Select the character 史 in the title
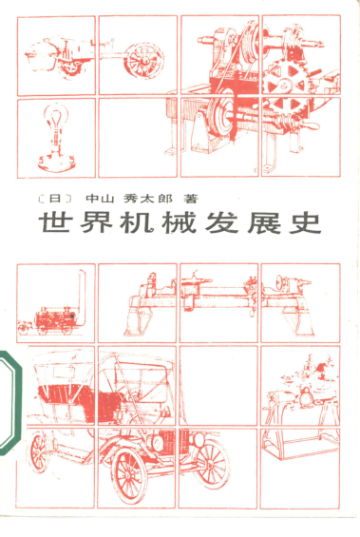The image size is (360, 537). pyautogui.click(x=305, y=223)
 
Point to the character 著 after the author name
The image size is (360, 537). pyautogui.click(x=191, y=199)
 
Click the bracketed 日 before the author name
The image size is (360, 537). pyautogui.click(x=55, y=199)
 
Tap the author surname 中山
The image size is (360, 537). pyautogui.click(x=99, y=199)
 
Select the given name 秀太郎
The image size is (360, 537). pyautogui.click(x=148, y=199)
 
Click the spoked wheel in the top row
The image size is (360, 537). pyautogui.click(x=144, y=61)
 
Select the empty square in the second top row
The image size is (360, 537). pyautogui.click(x=138, y=138)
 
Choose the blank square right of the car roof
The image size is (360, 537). pyautogui.click(x=218, y=386)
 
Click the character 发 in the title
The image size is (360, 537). pyautogui.click(x=221, y=223)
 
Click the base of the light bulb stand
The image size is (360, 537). pyautogui.click(x=56, y=162)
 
